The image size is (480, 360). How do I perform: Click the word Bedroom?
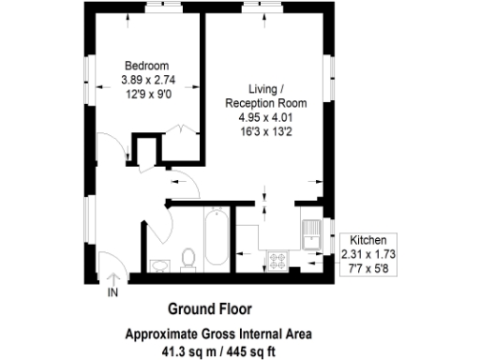coord(146,66)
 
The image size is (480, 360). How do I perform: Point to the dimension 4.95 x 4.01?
coord(264,118)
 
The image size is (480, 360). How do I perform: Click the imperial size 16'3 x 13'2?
coord(264,131)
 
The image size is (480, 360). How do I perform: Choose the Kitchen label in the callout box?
coord(369,241)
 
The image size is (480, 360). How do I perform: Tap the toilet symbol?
coord(187,258)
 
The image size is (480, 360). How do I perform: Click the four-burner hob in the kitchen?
coord(278,261)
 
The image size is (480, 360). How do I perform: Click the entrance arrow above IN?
coord(113,278)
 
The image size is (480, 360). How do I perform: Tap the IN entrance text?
coord(113,293)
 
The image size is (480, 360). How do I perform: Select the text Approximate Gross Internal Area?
coord(218,333)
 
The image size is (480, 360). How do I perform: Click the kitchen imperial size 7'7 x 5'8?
coord(369,269)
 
